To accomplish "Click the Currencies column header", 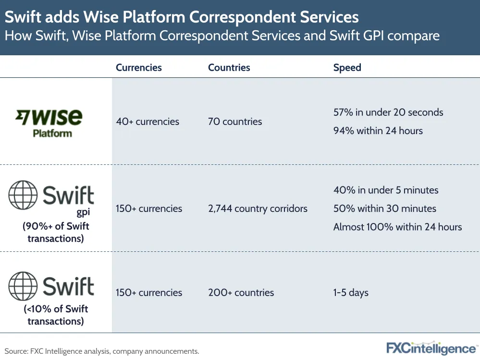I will click(x=138, y=68).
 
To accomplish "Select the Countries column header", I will click(x=229, y=68).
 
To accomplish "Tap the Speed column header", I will click(x=347, y=68).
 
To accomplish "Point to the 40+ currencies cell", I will click(x=147, y=122).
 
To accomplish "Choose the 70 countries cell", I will click(x=235, y=122).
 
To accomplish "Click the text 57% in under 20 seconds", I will click(x=388, y=112).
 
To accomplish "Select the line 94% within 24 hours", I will click(x=378, y=131).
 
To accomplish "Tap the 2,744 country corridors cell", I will click(x=258, y=209).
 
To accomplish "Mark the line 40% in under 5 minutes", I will click(x=386, y=190).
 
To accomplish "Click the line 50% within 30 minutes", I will click(x=385, y=209).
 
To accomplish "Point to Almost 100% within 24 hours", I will click(x=397, y=227).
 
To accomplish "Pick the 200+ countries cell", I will click(x=241, y=293).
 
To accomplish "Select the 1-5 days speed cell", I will click(x=351, y=293).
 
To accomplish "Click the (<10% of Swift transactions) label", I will click(x=56, y=315).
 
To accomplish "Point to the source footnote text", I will click(x=102, y=351).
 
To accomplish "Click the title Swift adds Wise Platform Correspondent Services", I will click(x=182, y=18).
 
